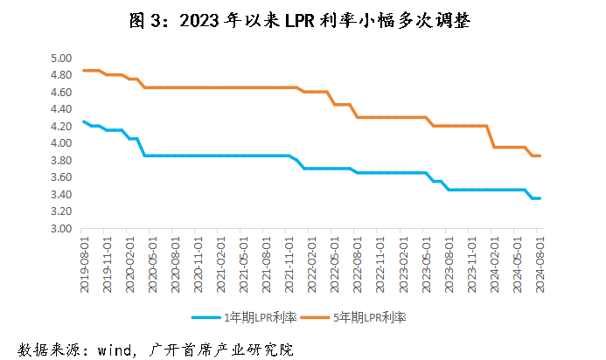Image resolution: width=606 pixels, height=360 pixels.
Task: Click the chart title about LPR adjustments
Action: tap(303, 21)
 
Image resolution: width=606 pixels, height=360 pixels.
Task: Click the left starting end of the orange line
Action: tap(84, 71)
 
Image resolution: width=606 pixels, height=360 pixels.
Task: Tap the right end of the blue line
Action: tap(539, 198)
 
